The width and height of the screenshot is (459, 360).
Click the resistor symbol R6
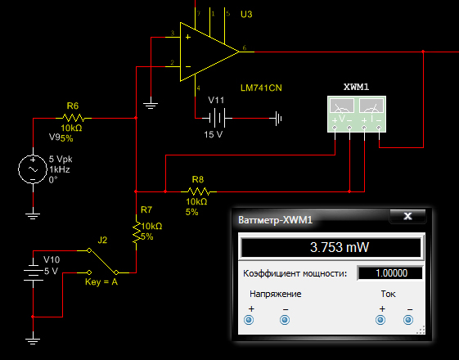pos(74,118)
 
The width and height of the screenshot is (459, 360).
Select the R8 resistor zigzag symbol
pos(199,191)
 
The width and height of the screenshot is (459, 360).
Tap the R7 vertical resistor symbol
pos(137,232)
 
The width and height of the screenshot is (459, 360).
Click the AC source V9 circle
pos(33,169)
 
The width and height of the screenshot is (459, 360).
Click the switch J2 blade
pos(103,261)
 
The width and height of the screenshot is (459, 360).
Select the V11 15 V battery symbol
pos(217,118)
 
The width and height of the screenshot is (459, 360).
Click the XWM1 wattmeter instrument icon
pos(357,115)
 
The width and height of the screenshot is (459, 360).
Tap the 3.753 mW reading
pos(340,247)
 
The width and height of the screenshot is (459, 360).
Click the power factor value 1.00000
pos(391,273)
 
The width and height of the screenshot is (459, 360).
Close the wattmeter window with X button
pos(407,216)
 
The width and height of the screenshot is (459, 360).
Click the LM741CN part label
pos(261,88)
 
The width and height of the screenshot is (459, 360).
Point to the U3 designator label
pos(246,14)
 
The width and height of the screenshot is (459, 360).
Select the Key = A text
pos(101,281)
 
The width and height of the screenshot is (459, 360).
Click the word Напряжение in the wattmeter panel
pos(276,294)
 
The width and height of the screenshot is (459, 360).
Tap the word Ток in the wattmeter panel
pos(388,294)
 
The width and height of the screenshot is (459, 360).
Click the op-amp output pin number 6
pos(245,47)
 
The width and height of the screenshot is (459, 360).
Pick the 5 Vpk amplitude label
pos(61,160)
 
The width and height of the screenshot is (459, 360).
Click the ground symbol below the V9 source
pos(33,215)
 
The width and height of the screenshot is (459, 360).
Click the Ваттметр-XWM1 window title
pos(275,220)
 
